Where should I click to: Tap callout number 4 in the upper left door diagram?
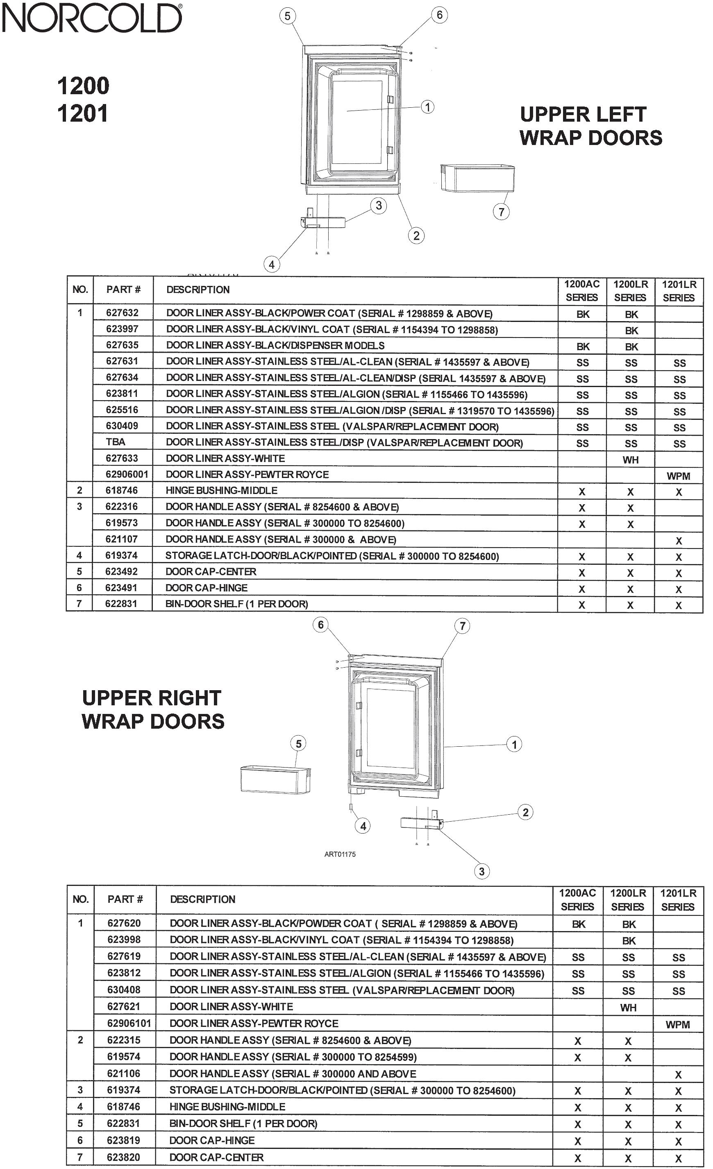tap(272, 264)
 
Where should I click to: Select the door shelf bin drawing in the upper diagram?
tap(477, 178)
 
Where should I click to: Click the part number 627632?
tap(123, 313)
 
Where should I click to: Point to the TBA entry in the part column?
tap(116, 442)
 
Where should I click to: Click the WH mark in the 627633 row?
tap(630, 460)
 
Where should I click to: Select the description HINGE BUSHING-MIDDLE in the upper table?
tap(221, 490)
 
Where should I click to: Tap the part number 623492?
tap(122, 571)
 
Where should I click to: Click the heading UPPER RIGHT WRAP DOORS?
tap(152, 709)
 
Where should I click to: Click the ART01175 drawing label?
tap(340, 854)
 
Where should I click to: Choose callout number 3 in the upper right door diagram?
tap(481, 871)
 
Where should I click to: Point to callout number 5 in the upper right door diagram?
tap(298, 744)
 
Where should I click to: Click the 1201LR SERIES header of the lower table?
tap(678, 900)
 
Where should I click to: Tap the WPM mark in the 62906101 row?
tap(677, 1024)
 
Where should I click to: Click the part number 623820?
tap(123, 1157)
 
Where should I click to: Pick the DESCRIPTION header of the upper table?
tap(198, 290)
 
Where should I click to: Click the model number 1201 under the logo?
tap(83, 114)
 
